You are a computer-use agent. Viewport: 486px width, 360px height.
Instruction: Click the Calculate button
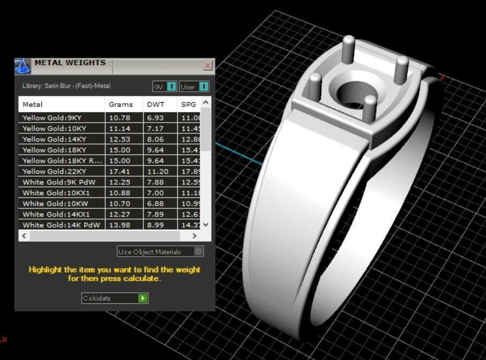tap(114, 298)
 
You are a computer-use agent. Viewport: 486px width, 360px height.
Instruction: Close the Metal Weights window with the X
tap(207, 65)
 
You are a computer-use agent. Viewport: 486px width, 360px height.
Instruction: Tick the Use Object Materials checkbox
tap(198, 251)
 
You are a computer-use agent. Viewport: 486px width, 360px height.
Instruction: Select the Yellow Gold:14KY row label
tap(54, 139)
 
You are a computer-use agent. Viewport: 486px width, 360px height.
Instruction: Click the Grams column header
tap(121, 104)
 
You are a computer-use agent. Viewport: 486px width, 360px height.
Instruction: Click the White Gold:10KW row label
tap(55, 204)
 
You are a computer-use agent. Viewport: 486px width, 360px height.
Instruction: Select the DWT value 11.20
tap(158, 171)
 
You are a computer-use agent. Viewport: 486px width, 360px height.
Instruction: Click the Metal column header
tap(33, 104)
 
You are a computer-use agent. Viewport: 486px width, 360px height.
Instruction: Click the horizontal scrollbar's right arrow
tap(194, 236)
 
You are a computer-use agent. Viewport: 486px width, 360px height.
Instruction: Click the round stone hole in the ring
tap(352, 93)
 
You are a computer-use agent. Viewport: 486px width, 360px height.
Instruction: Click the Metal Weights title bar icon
tap(22, 66)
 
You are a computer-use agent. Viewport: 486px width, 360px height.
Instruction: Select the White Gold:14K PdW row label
tap(61, 225)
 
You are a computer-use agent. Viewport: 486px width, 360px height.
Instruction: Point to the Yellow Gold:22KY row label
tap(54, 171)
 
